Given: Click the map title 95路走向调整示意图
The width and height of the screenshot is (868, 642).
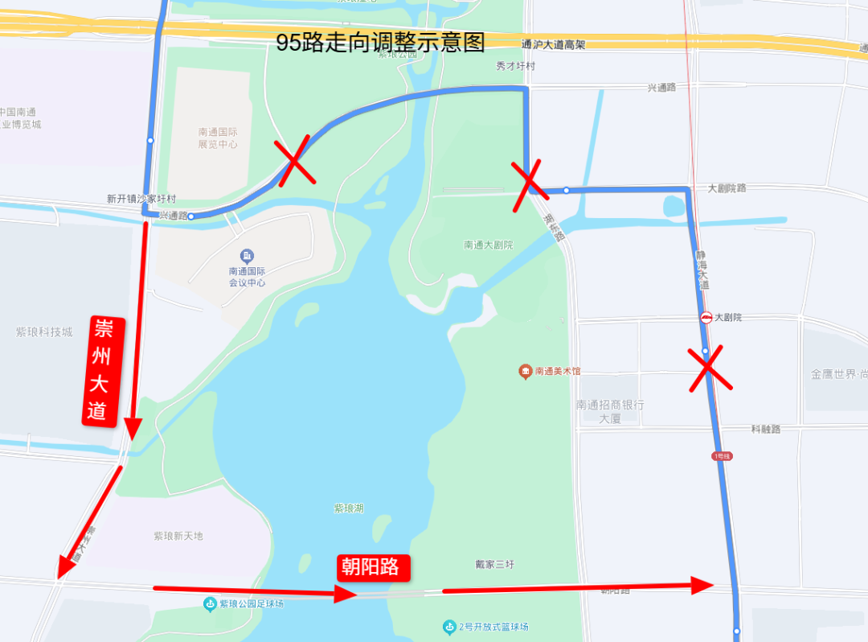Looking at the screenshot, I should [x=380, y=43].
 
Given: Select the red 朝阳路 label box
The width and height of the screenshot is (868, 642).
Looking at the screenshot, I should [x=373, y=566].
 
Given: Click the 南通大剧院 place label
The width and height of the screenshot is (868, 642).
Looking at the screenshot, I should [x=488, y=245].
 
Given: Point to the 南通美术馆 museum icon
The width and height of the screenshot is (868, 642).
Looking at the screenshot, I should [x=525, y=371].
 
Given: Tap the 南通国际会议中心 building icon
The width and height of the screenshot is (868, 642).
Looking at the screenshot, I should [x=247, y=256].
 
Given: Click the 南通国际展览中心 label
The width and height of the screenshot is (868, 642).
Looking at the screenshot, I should [x=218, y=138].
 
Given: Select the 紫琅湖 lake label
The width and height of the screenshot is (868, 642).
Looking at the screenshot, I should [x=349, y=508].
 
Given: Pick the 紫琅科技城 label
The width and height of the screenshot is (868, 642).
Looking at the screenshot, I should [x=44, y=331].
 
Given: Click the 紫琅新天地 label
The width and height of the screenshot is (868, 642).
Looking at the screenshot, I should [x=178, y=536].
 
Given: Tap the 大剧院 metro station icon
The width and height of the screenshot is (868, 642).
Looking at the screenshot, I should [x=706, y=318].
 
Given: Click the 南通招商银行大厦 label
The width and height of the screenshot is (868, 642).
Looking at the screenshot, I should [x=609, y=411].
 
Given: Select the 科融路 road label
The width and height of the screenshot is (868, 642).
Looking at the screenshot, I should [x=766, y=430].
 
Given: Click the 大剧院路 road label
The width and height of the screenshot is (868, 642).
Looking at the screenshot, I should [x=727, y=188].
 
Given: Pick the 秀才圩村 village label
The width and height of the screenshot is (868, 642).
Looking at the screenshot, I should [x=516, y=67].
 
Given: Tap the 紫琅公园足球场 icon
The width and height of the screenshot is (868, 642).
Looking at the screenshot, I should [x=210, y=603].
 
